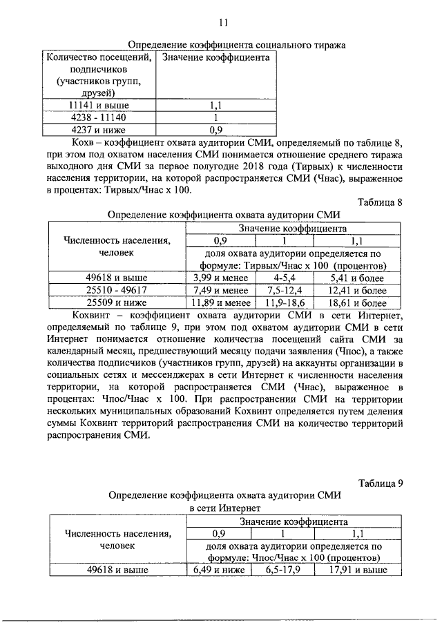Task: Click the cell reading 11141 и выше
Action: tap(99, 106)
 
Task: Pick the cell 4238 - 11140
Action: tap(99, 117)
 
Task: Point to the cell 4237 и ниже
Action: tap(99, 128)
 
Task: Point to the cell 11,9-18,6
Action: tap(284, 302)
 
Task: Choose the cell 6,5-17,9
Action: tap(284, 570)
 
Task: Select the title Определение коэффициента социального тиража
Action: tap(227, 45)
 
